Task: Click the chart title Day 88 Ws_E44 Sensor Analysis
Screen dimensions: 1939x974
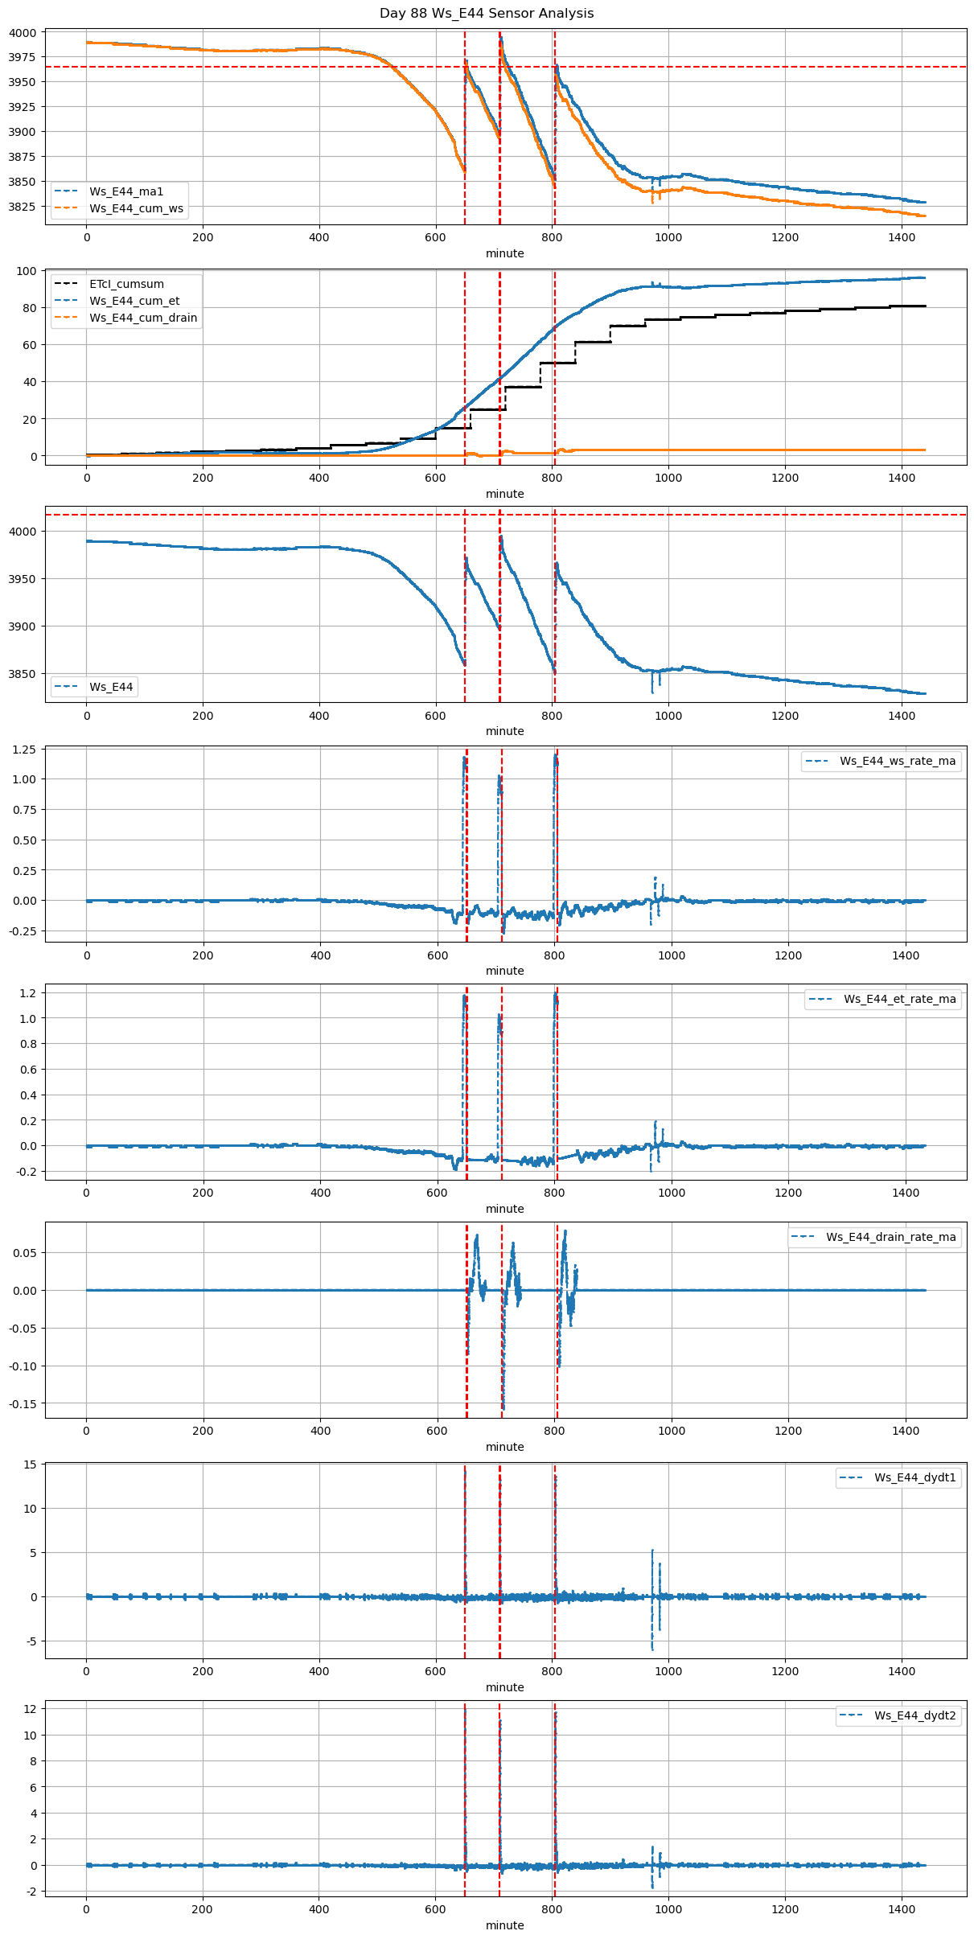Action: click(x=487, y=13)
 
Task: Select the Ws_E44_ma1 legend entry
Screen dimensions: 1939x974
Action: click(x=126, y=191)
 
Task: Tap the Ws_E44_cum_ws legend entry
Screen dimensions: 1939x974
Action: click(x=136, y=208)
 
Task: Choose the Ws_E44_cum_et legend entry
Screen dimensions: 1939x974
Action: click(x=134, y=301)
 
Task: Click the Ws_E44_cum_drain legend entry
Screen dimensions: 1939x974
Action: click(x=143, y=318)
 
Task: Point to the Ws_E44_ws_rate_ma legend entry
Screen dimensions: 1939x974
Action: click(x=898, y=761)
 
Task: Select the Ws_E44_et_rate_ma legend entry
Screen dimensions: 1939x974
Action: click(x=899, y=999)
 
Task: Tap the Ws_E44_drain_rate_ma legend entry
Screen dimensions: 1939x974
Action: click(x=891, y=1237)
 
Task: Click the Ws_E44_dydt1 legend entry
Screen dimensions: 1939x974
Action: click(x=915, y=1477)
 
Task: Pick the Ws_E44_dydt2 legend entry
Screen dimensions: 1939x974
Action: click(x=915, y=1715)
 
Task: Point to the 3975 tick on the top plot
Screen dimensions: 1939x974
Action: click(x=23, y=57)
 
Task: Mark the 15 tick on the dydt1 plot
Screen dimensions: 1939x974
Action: click(x=31, y=1465)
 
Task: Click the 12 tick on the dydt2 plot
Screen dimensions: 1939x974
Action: click(x=31, y=1709)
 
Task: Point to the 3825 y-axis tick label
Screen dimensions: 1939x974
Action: click(x=23, y=207)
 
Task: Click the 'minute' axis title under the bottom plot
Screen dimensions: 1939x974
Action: click(x=504, y=1925)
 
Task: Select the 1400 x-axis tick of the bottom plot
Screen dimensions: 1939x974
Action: click(x=902, y=1908)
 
